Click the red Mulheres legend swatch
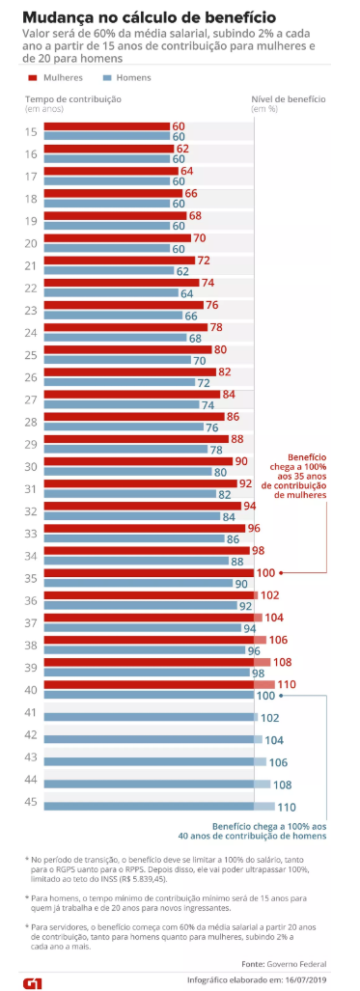[32, 78]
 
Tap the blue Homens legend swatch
[106, 78]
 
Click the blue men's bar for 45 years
[159, 806]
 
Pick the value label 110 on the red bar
[288, 684]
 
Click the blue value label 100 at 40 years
[266, 696]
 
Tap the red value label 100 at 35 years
[266, 572]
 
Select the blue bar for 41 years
[152, 717]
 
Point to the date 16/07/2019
[306, 980]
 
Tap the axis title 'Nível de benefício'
[289, 99]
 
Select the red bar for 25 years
[127, 349]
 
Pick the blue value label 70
[200, 361]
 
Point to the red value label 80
[221, 349]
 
